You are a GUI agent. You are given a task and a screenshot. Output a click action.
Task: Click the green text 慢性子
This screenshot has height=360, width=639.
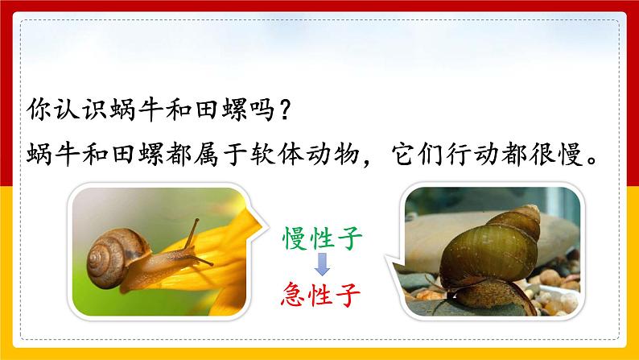(x=323, y=238)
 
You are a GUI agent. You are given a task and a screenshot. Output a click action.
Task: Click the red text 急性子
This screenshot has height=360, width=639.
(x=323, y=288)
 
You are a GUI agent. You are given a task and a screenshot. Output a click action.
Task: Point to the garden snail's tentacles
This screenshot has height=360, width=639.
(x=192, y=232)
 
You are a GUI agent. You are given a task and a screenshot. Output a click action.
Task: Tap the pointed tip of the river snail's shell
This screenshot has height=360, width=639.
(x=530, y=211)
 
